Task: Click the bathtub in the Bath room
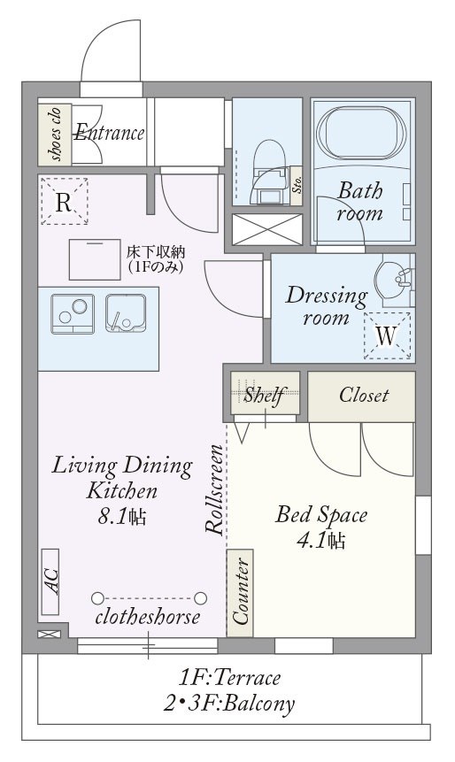tap(360, 132)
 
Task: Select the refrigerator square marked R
tap(64, 201)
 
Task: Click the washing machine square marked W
tap(388, 335)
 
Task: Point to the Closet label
tap(364, 395)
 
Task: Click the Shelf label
tap(264, 396)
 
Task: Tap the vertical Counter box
tap(240, 593)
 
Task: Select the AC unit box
tap(50, 581)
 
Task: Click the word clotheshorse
tap(148, 617)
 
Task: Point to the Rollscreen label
tap(214, 490)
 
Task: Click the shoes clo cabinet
tap(55, 133)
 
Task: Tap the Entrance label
tap(109, 133)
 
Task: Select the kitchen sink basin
tap(126, 313)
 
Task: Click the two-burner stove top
tap(73, 314)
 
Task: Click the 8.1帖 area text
tap(121, 517)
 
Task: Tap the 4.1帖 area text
tap(321, 540)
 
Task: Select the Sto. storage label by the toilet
tap(297, 186)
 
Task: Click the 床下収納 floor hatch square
tap(95, 259)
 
